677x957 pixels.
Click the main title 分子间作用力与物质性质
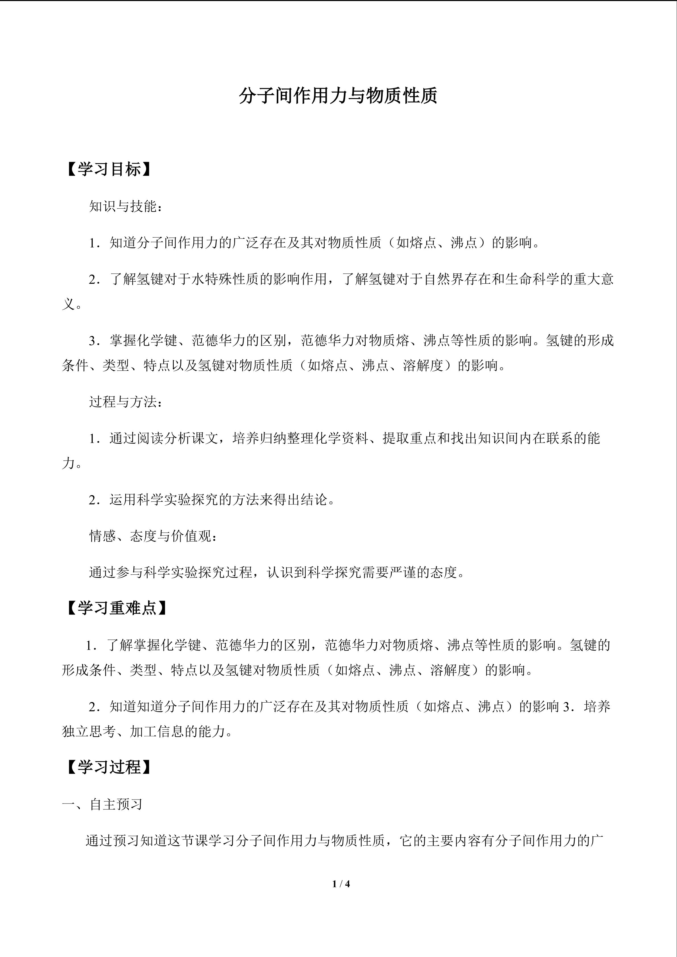338,96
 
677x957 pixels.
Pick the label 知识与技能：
125,206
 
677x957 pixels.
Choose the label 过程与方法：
125,402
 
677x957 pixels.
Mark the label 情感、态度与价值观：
153,536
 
